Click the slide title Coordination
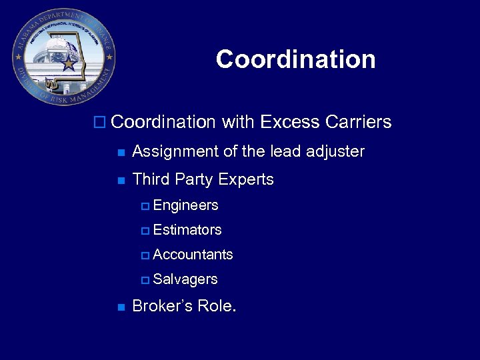(x=295, y=59)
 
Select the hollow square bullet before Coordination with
(x=100, y=123)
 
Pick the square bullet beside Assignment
(x=120, y=152)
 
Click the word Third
(x=151, y=179)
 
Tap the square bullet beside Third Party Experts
(x=120, y=180)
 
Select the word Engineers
(x=185, y=205)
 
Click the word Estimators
(x=187, y=230)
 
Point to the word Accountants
(x=193, y=255)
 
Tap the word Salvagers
(x=185, y=279)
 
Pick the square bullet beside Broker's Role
(x=120, y=307)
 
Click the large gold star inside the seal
(x=69, y=63)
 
